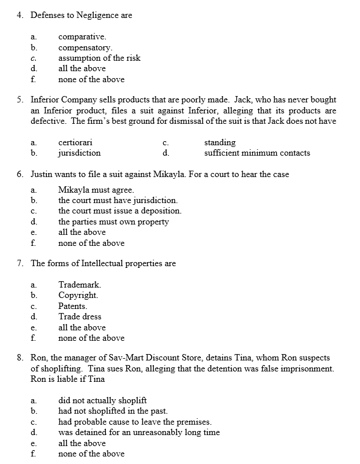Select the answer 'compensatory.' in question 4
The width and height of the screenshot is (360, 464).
(x=85, y=47)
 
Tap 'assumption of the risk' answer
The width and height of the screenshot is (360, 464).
(x=99, y=58)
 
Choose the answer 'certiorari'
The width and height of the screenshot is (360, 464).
(x=75, y=142)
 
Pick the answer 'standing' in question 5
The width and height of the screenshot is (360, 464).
(x=219, y=142)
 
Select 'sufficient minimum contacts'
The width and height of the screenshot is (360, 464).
(x=256, y=153)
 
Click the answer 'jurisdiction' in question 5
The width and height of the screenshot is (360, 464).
(x=79, y=153)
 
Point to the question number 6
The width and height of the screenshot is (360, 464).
(x=19, y=174)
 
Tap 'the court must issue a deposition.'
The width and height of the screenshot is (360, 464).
(x=119, y=211)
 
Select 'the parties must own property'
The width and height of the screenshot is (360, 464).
(x=113, y=222)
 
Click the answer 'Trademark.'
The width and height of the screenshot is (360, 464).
(x=80, y=285)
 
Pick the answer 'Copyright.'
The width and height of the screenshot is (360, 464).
(x=78, y=295)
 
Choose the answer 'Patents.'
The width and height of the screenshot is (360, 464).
(x=73, y=306)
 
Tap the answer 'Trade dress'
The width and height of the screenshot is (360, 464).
(x=79, y=316)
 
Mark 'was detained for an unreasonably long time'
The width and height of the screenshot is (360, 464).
(x=139, y=432)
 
